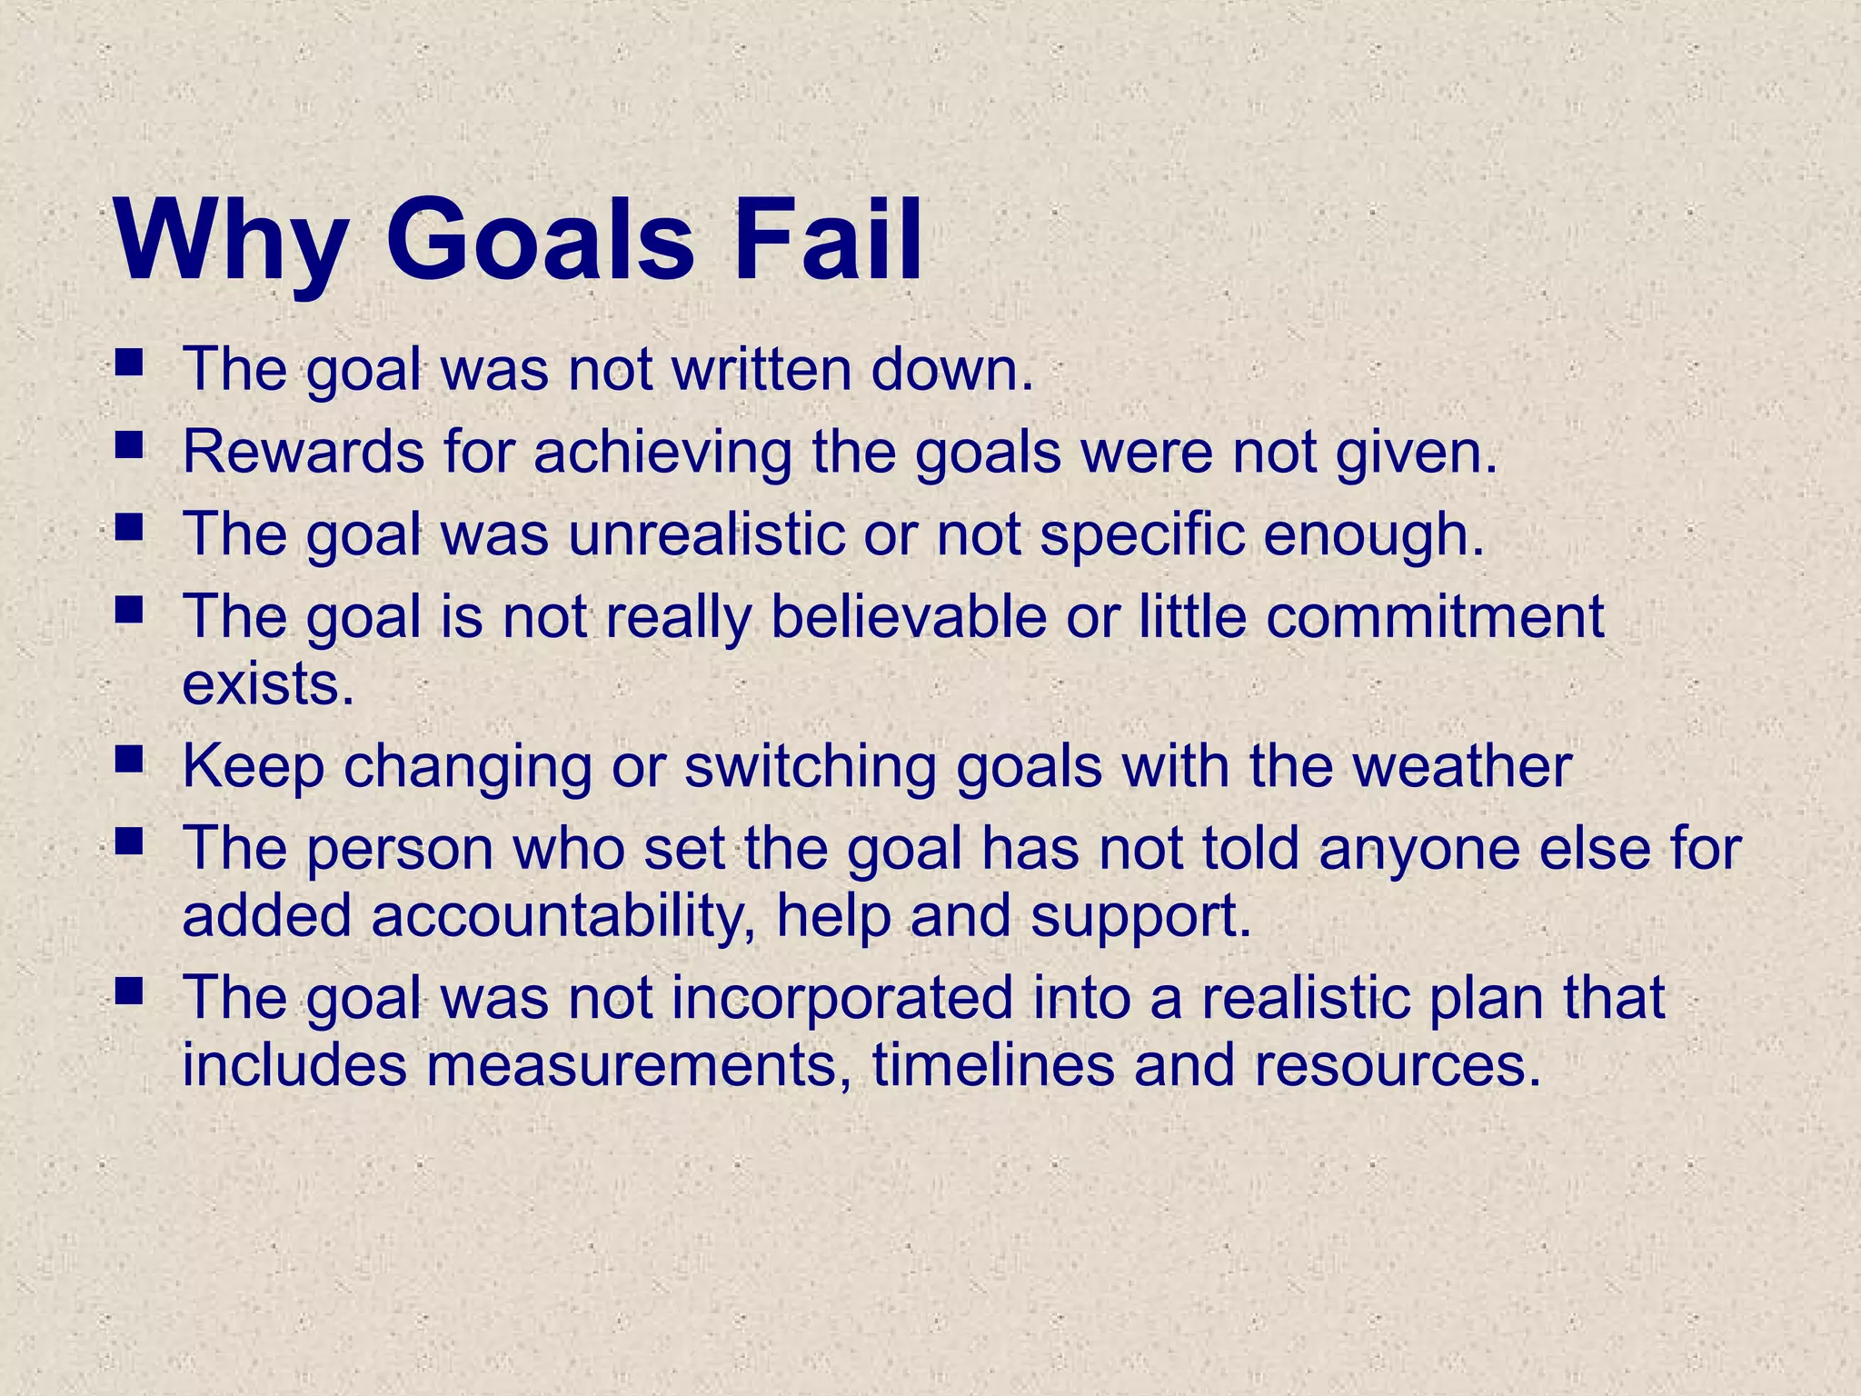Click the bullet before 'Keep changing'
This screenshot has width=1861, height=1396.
click(x=130, y=758)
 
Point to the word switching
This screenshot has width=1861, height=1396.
click(x=810, y=767)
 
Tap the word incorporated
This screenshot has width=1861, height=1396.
click(x=841, y=997)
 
